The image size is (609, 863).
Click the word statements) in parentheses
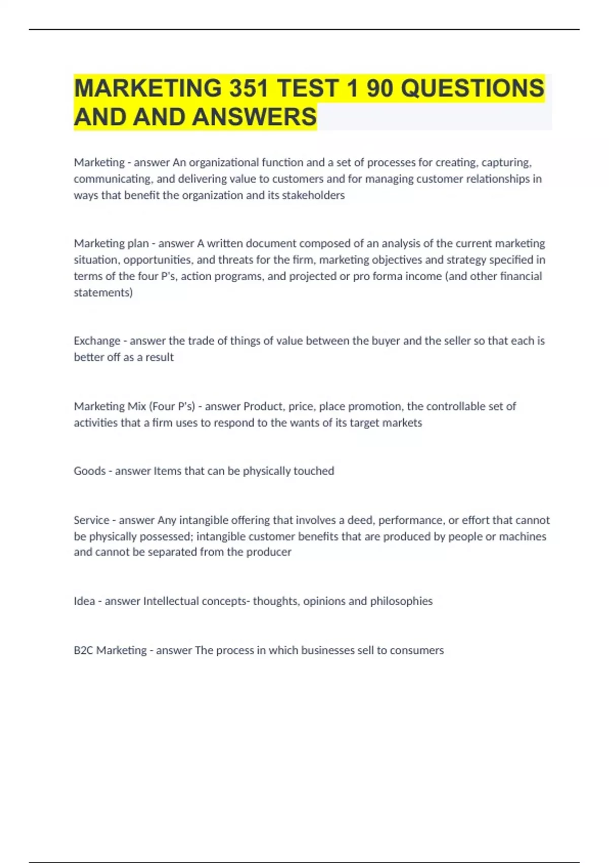point(103,292)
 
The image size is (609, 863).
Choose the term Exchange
point(97,341)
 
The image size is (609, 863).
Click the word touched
point(314,471)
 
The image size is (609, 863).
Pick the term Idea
point(84,601)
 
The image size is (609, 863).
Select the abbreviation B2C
point(83,650)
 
